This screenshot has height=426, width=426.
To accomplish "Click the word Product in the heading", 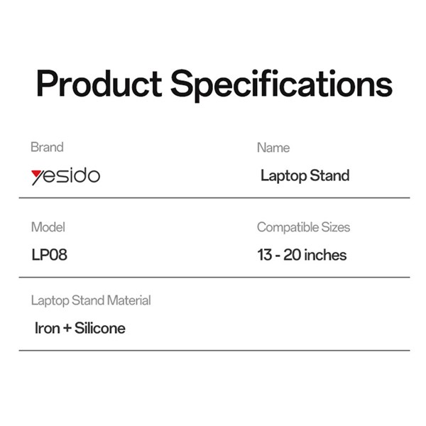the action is (99, 83).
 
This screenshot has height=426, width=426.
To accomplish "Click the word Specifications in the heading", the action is (281, 85).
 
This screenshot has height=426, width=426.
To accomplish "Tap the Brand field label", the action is (47, 147).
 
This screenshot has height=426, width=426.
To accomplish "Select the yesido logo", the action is (65, 176).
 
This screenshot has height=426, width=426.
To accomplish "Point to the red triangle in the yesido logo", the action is (35, 173).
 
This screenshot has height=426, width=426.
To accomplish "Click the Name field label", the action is (273, 148).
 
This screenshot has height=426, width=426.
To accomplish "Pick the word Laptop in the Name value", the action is (283, 176).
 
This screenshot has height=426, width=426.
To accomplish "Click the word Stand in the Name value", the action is (329, 175).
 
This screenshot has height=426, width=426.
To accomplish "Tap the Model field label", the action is (48, 227).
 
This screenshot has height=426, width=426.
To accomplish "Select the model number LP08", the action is (50, 255).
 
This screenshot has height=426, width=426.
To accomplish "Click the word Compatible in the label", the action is (288, 227).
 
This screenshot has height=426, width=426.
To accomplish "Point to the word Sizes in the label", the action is (336, 227).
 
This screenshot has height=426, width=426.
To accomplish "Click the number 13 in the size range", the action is (265, 255).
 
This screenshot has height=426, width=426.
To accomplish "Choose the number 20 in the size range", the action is (292, 255).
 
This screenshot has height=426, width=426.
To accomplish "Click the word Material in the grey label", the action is (129, 300).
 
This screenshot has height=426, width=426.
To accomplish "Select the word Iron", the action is (48, 328).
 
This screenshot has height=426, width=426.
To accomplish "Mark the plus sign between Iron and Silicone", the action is (67, 328).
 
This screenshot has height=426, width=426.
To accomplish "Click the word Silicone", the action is (100, 328).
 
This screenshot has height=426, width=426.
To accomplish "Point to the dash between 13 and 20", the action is (278, 256).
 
